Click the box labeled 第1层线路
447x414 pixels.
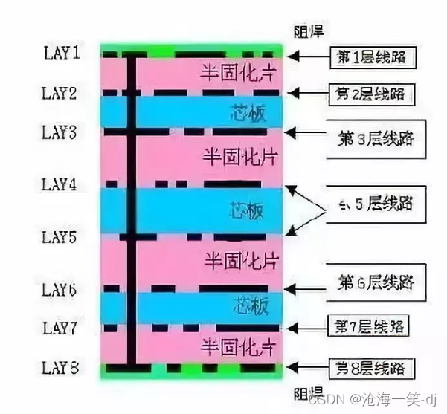(372, 56)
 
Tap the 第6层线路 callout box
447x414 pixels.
(376, 283)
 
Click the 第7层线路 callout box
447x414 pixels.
(370, 326)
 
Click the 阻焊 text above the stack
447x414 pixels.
(310, 32)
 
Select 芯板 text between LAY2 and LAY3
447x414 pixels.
(246, 114)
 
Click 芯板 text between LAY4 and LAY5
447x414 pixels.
(246, 210)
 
